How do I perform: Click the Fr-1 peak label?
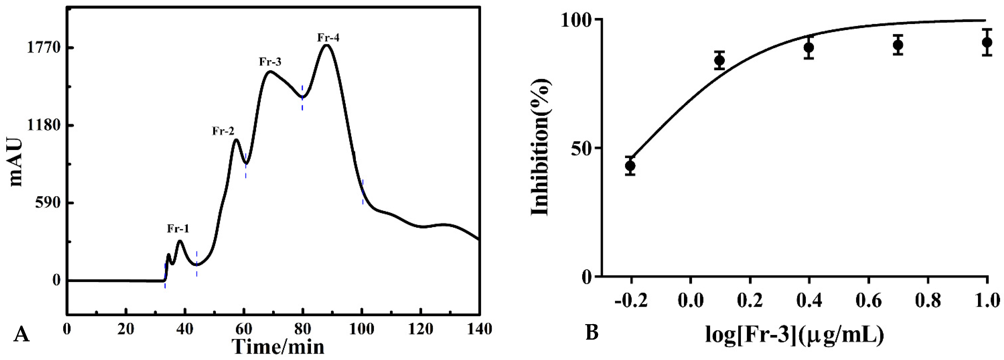click(178, 229)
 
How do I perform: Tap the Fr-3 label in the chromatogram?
click(270, 62)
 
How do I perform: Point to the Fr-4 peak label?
click(328, 38)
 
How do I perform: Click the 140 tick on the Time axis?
click(479, 330)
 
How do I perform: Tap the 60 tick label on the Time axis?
click(244, 330)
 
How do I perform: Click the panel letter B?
click(592, 333)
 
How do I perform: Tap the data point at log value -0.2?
click(630, 166)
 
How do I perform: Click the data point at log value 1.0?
click(987, 42)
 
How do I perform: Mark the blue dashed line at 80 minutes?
click(302, 97)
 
